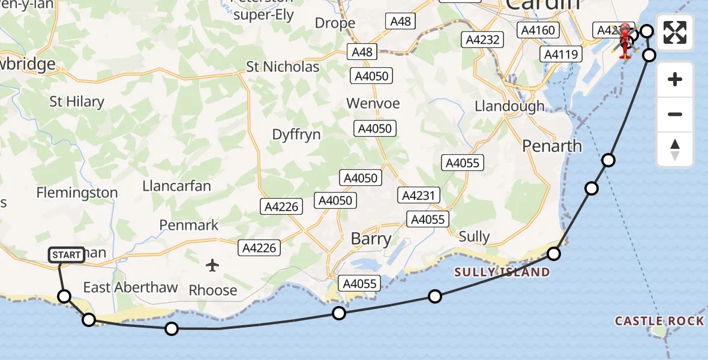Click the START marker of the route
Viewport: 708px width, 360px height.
pos(66,255)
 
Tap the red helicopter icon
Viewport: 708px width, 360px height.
pos(625,40)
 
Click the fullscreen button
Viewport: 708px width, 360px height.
pos(675,32)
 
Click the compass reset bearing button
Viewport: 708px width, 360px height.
pos(675,149)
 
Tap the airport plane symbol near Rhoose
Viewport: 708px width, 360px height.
pos(212,265)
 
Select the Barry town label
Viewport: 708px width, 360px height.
pos(371,239)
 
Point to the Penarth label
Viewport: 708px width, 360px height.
pos(552,146)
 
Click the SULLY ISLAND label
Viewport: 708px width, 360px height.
pos(502,272)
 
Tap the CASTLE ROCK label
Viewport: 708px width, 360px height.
pos(659,322)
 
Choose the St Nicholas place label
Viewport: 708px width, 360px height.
pos(283,67)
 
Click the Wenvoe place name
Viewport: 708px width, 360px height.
pos(373,103)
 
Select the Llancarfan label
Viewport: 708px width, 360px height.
pos(176,185)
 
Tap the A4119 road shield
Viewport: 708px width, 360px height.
pos(560,55)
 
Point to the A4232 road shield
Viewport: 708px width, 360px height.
pos(482,40)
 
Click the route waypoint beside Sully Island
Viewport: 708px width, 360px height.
pos(554,254)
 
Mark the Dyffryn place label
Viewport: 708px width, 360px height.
pos(296,134)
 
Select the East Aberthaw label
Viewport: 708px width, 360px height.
pos(130,287)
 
